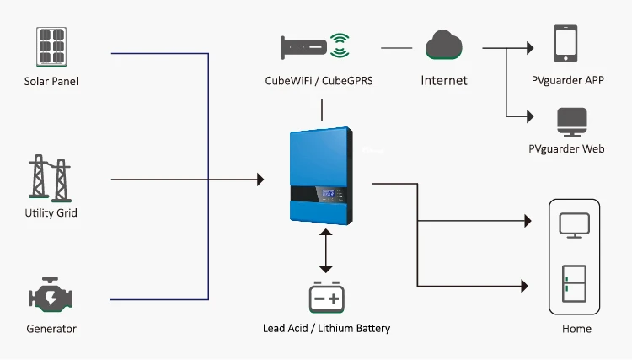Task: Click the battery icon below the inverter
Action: pos(325,297)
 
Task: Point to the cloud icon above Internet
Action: pos(444,46)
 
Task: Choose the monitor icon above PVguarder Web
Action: pos(566,122)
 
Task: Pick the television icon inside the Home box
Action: pos(574,224)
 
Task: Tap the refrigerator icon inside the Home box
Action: pos(574,284)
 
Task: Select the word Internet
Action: pos(444,81)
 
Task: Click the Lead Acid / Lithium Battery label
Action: pos(326,328)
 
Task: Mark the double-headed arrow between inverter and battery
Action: pos(325,249)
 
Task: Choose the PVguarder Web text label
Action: pos(566,148)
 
